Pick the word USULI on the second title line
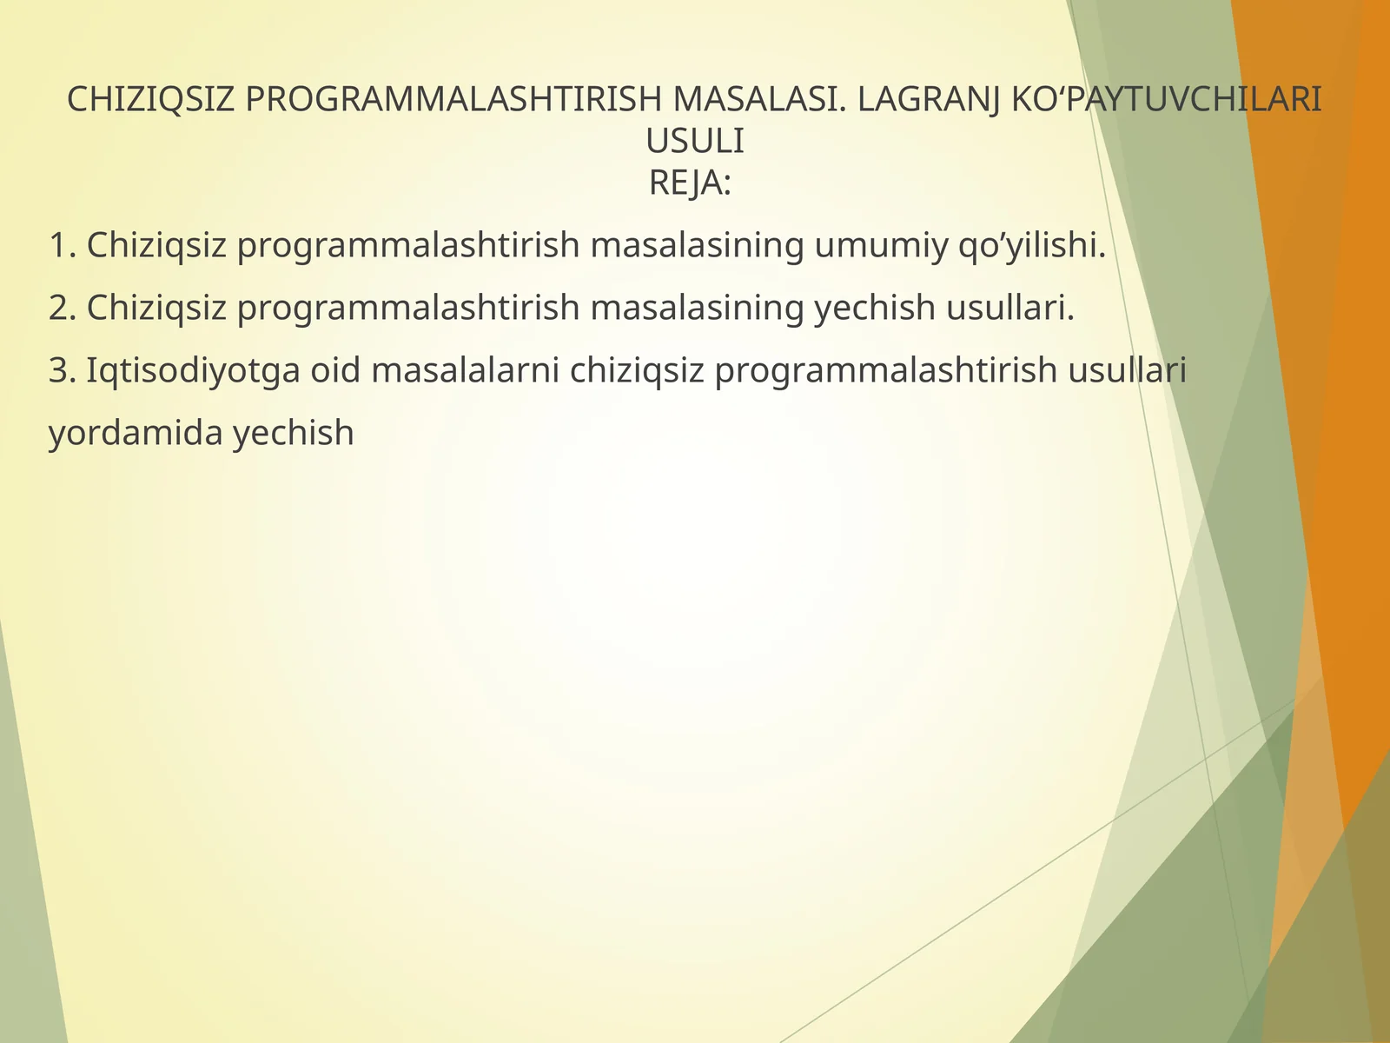tap(695, 142)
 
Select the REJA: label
tap(690, 183)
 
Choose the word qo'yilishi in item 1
tap(1031, 246)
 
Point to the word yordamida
tap(136, 433)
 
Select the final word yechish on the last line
tap(294, 433)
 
